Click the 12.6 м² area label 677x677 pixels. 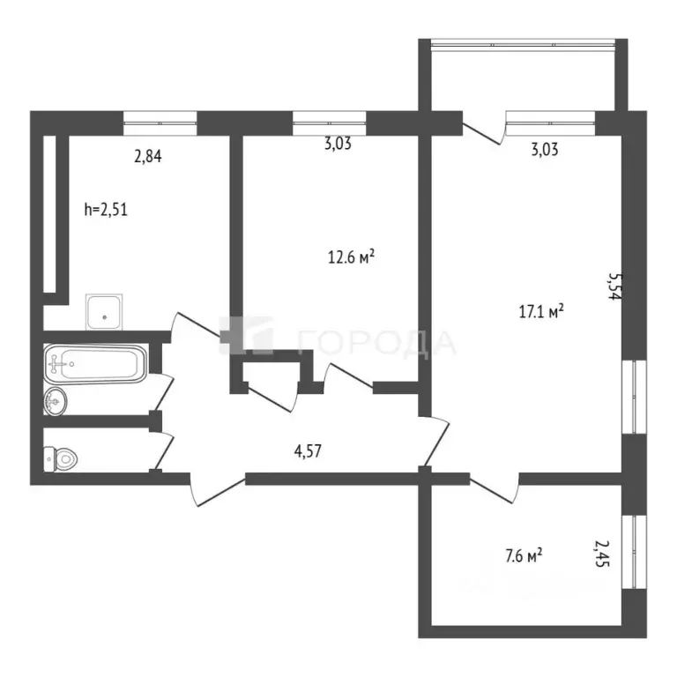352,257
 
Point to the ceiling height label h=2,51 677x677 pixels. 106,210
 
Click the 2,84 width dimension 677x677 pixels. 147,158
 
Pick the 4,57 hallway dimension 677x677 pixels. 308,451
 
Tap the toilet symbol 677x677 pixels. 61,458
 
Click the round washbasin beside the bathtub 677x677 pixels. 55,401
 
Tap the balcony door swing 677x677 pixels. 483,130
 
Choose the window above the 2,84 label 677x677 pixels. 160,122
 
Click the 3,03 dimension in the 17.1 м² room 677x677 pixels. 544,149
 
